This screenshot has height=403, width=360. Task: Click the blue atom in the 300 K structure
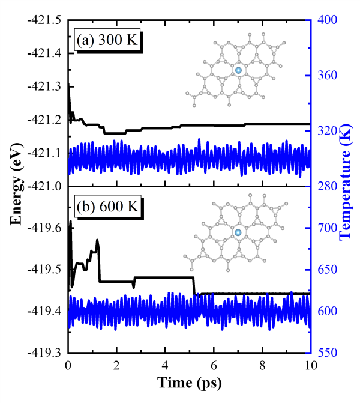pos(238,71)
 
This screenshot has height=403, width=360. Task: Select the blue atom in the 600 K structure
pos(238,232)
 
